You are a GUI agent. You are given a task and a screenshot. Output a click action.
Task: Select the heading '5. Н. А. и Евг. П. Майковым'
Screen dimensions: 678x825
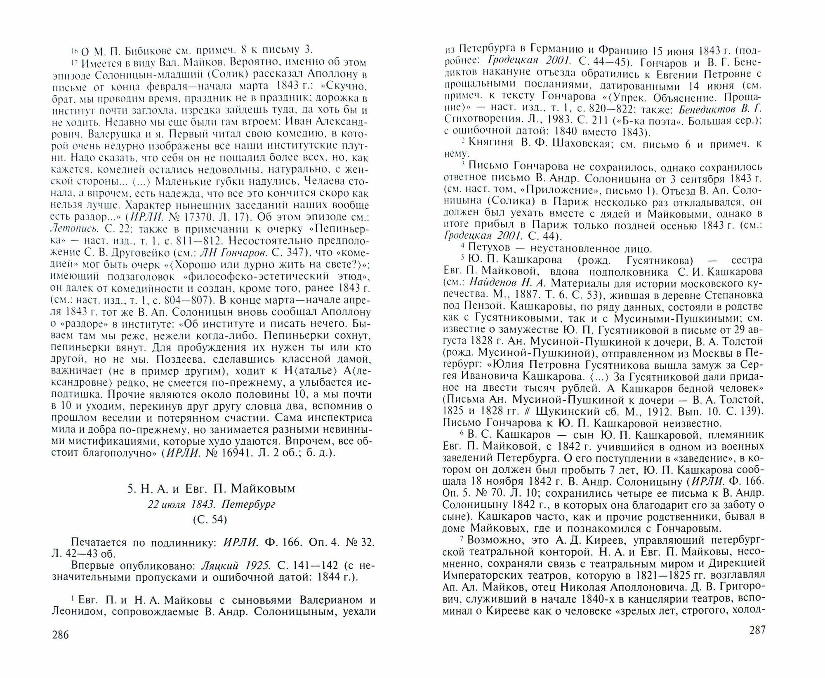coord(211,488)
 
